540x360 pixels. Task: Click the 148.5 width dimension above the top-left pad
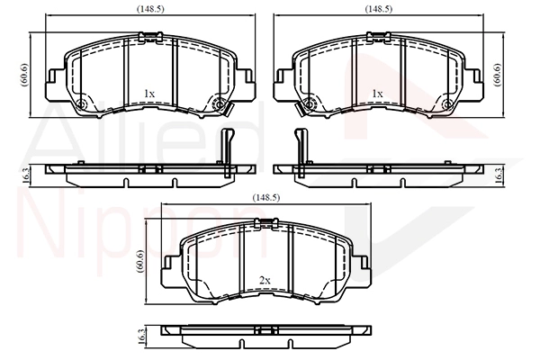[x=150, y=9]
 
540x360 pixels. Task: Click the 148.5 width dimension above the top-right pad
[x=379, y=9]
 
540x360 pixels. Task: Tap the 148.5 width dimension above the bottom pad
[x=265, y=198]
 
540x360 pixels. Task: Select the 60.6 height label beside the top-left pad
[x=24, y=75]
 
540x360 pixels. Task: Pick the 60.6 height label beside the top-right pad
[x=498, y=75]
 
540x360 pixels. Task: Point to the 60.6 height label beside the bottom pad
[x=140, y=262]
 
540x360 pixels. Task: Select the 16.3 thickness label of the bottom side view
[x=141, y=336]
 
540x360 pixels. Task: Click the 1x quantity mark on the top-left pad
[x=149, y=94]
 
